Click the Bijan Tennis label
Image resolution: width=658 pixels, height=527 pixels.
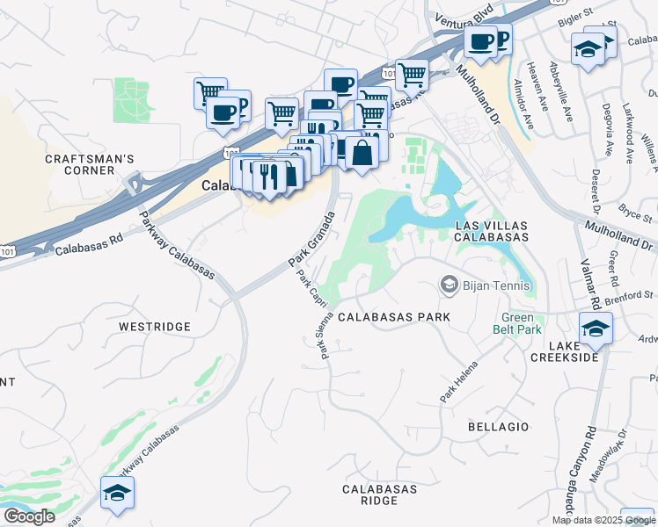tap(498, 285)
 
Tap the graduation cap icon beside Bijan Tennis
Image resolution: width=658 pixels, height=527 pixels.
tap(450, 285)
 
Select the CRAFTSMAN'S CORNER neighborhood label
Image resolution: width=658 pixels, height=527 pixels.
tap(90, 164)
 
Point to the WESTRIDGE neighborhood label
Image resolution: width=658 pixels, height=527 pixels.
tap(155, 327)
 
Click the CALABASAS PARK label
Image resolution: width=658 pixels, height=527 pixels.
tap(394, 317)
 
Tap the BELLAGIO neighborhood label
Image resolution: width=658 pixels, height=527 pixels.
tap(499, 427)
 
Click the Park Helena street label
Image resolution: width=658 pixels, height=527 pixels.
tap(459, 383)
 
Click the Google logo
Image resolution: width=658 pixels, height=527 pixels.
tap(29, 516)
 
